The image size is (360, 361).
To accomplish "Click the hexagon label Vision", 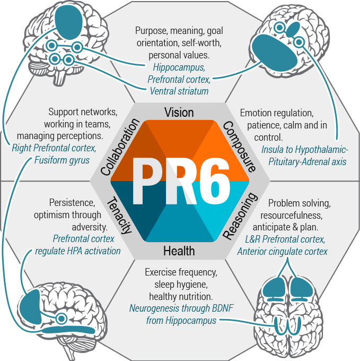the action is tap(179, 113).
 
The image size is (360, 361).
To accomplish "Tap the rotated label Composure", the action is tap(239, 147).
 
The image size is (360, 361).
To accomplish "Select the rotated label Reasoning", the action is tap(240, 216).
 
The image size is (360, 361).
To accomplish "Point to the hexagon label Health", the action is tap(179, 251).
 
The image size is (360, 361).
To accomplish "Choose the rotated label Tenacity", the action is tap(119, 215).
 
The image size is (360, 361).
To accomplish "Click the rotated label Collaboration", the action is tap(120, 147).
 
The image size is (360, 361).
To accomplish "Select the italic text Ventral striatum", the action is tap(179, 91).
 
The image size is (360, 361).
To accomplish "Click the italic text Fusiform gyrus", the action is tap(62, 160).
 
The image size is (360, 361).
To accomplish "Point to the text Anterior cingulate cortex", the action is tap(282, 252).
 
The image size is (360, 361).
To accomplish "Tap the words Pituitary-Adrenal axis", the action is tap(308, 161).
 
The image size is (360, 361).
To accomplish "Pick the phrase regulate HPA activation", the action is tap(78, 251).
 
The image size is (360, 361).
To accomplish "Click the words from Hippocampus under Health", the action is tap(181, 321).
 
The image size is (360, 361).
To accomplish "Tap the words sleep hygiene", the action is tap(181, 285).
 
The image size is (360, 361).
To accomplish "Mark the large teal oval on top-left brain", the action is tap(69, 22).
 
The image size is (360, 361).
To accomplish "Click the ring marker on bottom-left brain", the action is tap(62, 319).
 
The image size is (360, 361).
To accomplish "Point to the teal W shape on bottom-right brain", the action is tap(287, 325).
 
